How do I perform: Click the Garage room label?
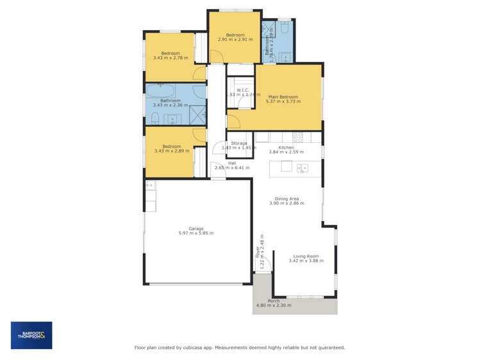196,229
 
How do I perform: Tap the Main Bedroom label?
283,97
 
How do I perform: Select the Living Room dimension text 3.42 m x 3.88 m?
304,261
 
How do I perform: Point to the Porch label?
274,300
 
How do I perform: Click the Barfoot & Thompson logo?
31,335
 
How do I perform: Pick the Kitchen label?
286,147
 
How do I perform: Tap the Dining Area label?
286,199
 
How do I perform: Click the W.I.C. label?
243,90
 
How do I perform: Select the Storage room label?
239,143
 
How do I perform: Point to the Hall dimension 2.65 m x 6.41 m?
232,168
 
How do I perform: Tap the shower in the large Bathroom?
198,115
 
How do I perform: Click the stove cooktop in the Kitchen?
298,137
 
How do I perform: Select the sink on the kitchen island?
302,167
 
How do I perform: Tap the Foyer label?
258,251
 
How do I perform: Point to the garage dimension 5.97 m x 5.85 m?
196,233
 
